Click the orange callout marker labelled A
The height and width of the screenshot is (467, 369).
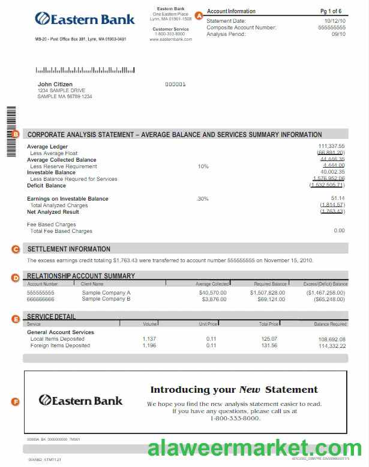point(200,16)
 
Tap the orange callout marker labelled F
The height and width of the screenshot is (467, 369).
point(16,401)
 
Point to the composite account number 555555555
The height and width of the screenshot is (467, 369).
point(332,28)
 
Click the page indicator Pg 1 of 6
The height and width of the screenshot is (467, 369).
point(331,11)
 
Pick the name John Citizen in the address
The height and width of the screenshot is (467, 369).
point(55,84)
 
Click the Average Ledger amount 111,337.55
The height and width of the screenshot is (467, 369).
point(331,146)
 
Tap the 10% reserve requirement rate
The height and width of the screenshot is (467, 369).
point(203,166)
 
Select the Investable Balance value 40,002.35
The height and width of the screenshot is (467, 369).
point(332,172)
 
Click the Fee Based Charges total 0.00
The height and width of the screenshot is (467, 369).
point(339,231)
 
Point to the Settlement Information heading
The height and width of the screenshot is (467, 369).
point(69,248)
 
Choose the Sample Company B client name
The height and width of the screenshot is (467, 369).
point(106,299)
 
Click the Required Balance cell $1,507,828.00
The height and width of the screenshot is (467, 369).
point(268,293)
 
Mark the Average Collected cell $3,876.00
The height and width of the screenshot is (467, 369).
point(214,299)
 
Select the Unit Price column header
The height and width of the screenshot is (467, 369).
point(208,324)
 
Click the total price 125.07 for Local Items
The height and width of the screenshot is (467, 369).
point(269,339)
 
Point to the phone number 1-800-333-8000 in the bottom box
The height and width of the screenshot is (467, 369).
point(235,418)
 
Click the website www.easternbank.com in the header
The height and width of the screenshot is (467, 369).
point(170,40)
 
